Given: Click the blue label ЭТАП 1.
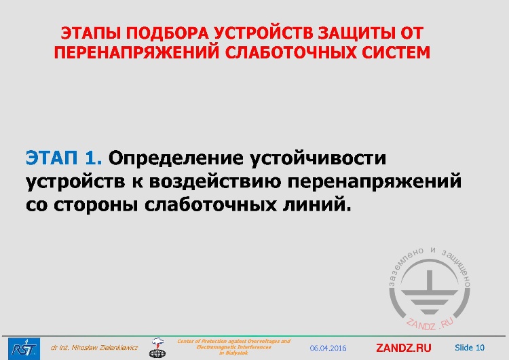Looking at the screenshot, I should click(64, 159).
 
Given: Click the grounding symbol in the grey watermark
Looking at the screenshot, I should click(429, 286).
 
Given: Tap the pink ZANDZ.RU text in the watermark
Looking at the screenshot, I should click(430, 322).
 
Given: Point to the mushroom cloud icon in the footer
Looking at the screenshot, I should click(157, 347).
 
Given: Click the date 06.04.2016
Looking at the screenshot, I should click(328, 348).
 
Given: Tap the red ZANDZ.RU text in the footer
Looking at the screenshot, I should click(404, 348).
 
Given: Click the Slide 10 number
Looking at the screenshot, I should click(470, 348).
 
